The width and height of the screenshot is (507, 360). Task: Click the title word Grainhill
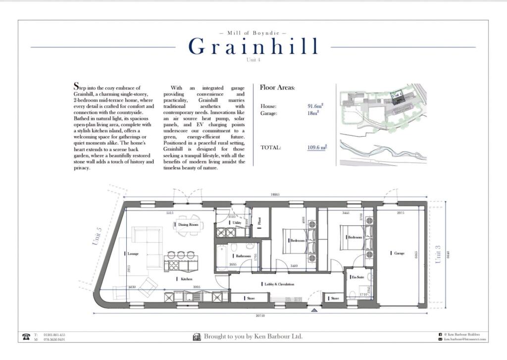pos(253,47)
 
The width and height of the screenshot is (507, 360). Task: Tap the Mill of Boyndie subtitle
pos(253,33)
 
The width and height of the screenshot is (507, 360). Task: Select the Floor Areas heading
pos(277,88)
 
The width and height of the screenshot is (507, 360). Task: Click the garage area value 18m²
pos(313,113)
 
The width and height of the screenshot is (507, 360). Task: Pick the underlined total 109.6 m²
pos(316,147)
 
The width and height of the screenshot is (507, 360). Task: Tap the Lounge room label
pos(132,254)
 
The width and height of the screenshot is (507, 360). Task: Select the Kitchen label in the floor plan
pos(186,279)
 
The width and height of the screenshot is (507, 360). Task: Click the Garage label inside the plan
pos(399,254)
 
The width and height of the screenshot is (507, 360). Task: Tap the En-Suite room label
pos(357,277)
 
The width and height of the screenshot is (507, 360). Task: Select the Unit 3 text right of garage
pos(438,254)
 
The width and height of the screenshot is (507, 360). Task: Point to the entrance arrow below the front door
pos(314,310)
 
